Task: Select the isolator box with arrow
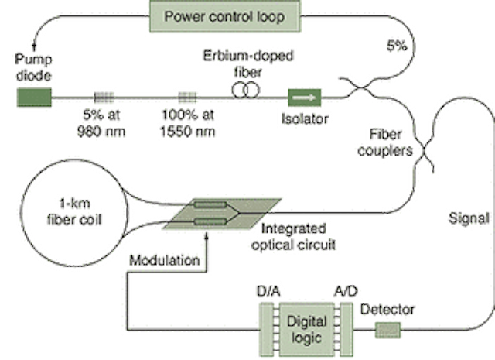[x=303, y=98]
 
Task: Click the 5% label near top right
[x=398, y=46]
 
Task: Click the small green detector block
[x=389, y=331]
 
